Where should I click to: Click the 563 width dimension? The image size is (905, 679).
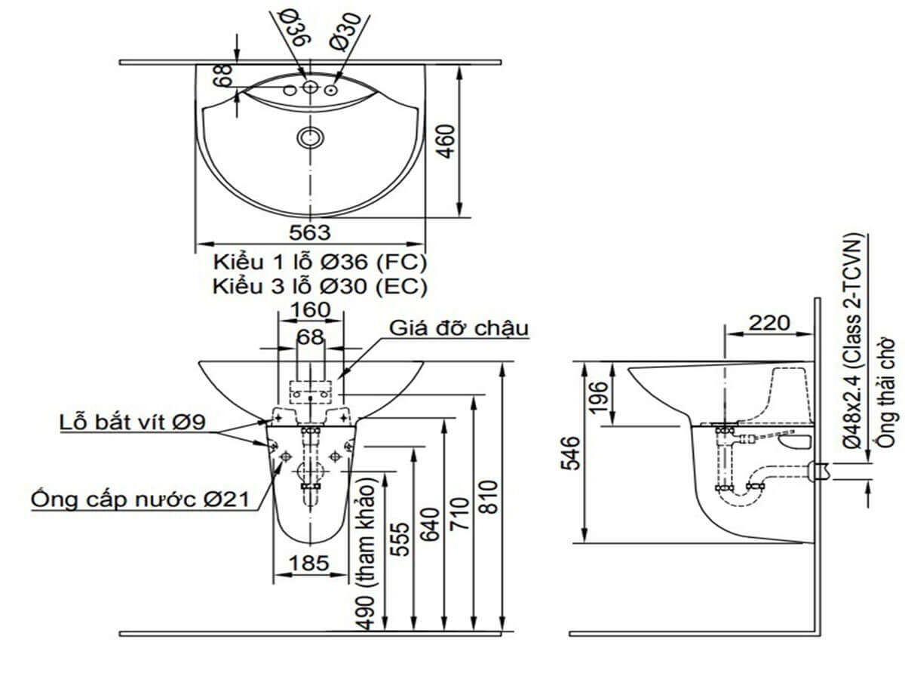(x=310, y=232)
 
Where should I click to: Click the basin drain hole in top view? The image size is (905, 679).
(x=310, y=137)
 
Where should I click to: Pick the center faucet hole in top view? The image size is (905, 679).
(x=309, y=88)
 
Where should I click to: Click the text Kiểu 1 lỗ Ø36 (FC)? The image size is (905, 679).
(x=320, y=263)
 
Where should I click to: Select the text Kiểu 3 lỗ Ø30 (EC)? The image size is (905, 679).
(x=320, y=287)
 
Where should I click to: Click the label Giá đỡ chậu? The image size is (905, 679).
(x=459, y=329)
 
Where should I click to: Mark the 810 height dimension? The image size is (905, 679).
(x=489, y=502)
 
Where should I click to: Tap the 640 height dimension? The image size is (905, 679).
(x=429, y=524)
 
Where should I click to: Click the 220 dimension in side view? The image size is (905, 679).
(x=769, y=323)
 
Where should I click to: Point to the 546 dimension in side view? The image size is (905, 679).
(x=574, y=453)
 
